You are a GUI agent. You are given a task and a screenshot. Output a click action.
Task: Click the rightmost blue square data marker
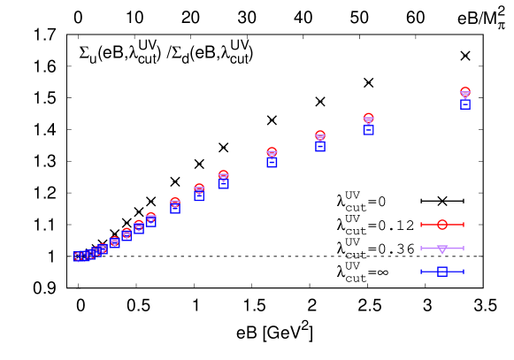tap(465, 104)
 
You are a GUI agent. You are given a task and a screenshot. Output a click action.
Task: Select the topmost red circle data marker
tap(465, 91)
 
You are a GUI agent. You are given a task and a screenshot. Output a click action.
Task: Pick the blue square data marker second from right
tap(369, 130)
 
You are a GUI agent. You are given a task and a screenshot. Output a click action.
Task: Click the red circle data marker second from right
tap(369, 117)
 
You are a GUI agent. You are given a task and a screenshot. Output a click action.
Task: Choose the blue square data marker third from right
tap(320, 146)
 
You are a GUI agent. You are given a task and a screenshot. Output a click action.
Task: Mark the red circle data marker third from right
tap(320, 134)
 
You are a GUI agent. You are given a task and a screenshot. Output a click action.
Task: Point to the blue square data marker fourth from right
tap(272, 162)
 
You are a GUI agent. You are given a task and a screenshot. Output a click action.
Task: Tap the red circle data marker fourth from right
tap(272, 151)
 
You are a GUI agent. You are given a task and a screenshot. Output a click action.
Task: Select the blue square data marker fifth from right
tap(224, 184)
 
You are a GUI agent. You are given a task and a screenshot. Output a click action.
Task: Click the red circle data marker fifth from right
tap(223, 174)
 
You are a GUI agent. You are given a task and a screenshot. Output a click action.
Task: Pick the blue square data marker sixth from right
tap(200, 196)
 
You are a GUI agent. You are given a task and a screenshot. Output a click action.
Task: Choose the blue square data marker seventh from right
tap(175, 209)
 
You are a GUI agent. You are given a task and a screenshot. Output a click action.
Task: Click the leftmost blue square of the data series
tap(78, 257)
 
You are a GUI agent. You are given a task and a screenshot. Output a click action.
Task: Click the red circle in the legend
tap(442, 225)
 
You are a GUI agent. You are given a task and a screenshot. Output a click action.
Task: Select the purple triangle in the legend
tap(442, 249)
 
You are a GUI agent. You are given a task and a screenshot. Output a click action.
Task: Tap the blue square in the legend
tap(442, 272)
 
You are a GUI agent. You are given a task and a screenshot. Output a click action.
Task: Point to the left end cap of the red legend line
tap(421, 225)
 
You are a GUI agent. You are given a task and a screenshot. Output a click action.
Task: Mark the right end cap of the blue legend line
tap(464, 272)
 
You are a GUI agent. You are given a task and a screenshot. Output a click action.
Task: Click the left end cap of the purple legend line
tap(421, 249)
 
